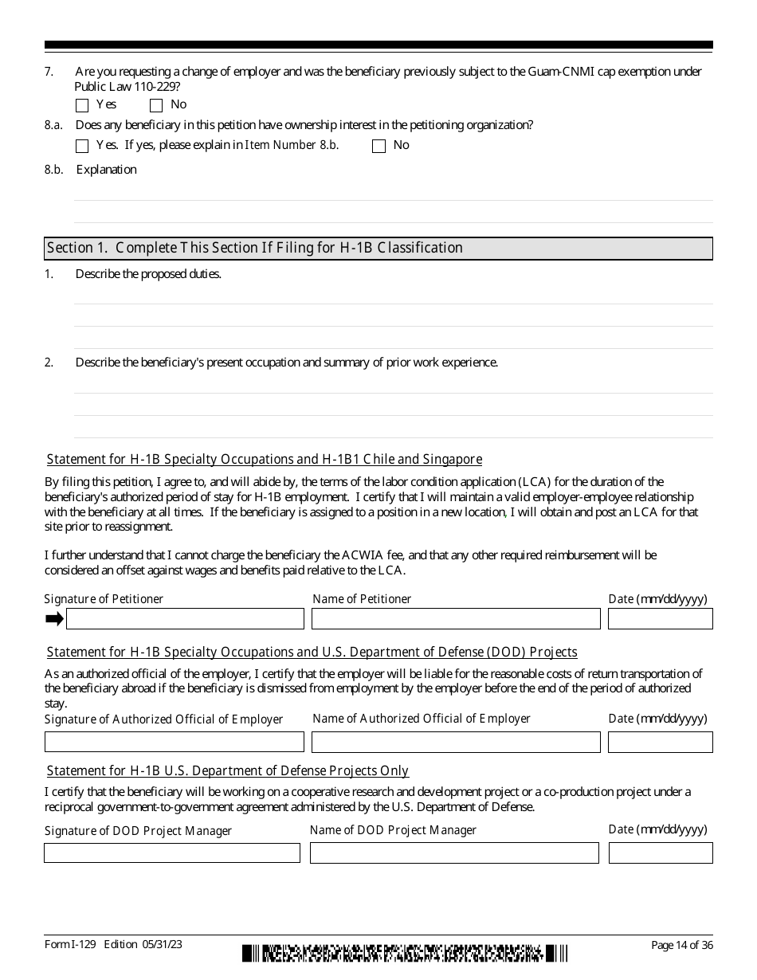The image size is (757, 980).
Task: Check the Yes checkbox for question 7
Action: coord(82,105)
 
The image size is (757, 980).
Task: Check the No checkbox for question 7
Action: coord(156,105)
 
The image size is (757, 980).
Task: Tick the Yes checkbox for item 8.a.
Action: coord(82,146)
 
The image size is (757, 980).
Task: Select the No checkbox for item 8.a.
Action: coord(378,146)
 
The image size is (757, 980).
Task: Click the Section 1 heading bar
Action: coord(378,249)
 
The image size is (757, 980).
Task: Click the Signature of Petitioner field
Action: coord(185,619)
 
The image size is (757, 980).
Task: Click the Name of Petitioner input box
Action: coord(455,619)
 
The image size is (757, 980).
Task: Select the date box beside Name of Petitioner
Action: coord(660,619)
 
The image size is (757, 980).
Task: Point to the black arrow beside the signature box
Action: coord(54,619)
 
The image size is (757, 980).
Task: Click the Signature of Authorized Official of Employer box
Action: coord(174,742)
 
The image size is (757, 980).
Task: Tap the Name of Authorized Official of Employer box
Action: coord(455,742)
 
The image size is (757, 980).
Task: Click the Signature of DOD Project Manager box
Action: coord(172,853)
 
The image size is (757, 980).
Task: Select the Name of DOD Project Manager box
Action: coord(454,853)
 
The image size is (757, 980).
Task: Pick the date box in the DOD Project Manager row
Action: coord(660,853)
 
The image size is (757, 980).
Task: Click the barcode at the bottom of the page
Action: coord(405,953)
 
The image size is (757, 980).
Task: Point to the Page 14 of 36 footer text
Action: coord(681,946)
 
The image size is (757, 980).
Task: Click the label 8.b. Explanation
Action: coord(106,170)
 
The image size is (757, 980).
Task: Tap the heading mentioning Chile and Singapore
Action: coord(265,460)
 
